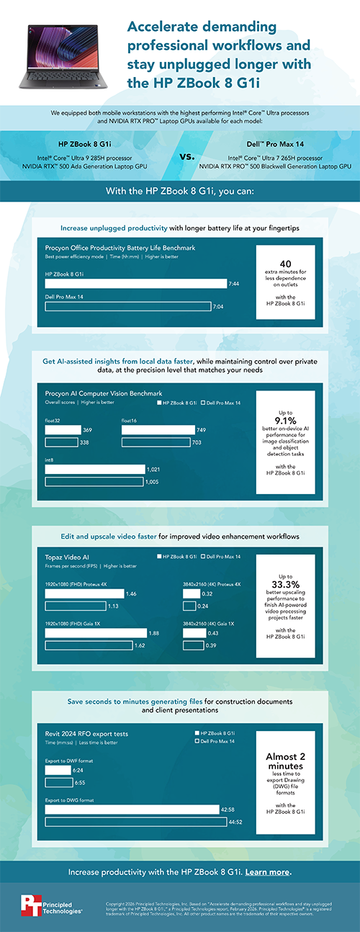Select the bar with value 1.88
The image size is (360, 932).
94,633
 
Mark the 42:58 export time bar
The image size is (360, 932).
132,810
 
